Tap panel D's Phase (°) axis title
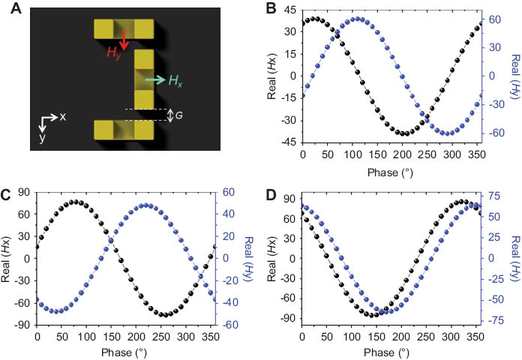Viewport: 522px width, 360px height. coord(393,352)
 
